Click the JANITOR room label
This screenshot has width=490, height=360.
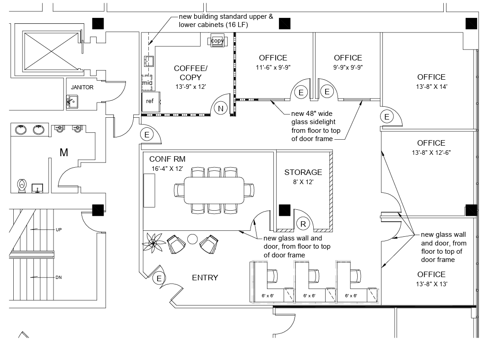coord(82,87)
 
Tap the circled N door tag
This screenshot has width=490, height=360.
coord(221,109)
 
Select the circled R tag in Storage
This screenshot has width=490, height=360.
coord(303,224)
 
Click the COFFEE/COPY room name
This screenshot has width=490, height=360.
coord(191,73)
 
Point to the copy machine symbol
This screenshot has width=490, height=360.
coord(217,41)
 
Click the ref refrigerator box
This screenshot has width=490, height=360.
coord(151,102)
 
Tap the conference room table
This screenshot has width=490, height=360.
coord(214,191)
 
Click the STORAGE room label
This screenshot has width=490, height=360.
coord(303,172)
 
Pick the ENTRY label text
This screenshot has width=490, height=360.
coord(205,278)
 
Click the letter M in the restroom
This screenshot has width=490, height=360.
coord(64,153)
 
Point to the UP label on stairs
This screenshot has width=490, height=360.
coord(59,229)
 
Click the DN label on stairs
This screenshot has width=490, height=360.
coord(59,277)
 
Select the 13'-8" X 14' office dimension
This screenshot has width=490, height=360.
coord(431,87)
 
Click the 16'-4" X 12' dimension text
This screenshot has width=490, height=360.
coord(168,169)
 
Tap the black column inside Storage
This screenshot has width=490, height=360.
coord(285,210)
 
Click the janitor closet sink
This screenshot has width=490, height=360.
coord(72,102)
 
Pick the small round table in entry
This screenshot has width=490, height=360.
coord(192,239)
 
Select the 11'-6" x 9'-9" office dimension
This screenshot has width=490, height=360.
coord(273,67)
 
